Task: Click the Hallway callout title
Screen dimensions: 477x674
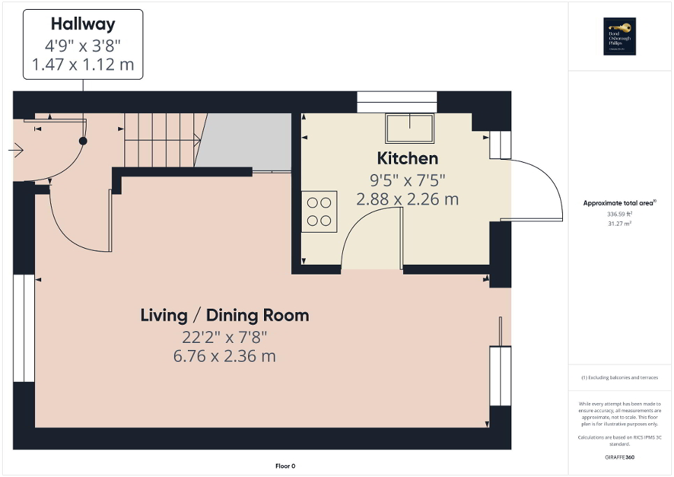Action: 83,24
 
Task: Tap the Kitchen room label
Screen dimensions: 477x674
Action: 407,158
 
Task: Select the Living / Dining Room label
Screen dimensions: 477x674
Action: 224,315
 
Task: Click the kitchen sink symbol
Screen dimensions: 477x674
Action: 409,129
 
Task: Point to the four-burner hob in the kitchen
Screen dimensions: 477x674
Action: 319,212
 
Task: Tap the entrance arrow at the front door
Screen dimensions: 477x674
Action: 17,149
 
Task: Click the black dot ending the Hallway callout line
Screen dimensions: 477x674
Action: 83,141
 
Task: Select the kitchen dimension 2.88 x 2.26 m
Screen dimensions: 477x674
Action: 407,199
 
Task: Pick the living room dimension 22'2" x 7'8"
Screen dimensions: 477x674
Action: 224,337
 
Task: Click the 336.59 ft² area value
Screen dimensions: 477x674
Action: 619,214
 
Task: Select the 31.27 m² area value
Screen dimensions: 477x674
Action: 619,223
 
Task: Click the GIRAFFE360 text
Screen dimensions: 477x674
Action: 620,457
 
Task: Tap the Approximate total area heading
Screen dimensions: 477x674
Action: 619,203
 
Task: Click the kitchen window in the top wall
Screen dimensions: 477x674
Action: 397,102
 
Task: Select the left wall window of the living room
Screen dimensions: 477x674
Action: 24,328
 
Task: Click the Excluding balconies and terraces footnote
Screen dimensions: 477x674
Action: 620,378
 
